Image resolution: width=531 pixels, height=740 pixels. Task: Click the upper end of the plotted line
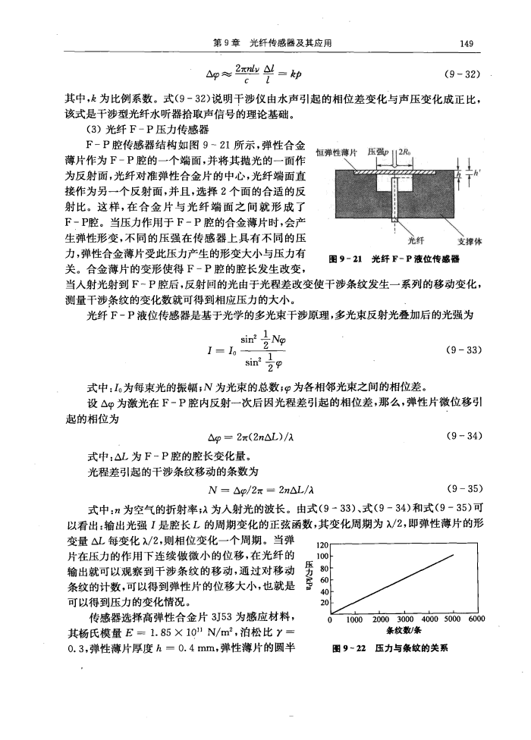[x=454, y=554]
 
